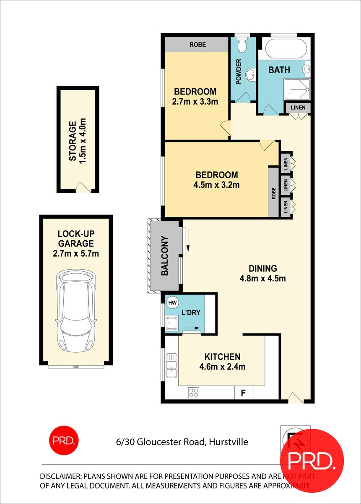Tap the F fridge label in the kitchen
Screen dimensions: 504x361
[x=242, y=394]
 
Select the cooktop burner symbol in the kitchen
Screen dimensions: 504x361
[x=194, y=393]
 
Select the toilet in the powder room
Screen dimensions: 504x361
[x=242, y=46]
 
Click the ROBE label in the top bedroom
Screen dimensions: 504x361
[x=197, y=45]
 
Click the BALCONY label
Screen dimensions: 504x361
[x=165, y=256]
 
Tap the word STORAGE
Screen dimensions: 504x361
[x=73, y=141]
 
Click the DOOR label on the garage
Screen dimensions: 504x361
[x=76, y=367]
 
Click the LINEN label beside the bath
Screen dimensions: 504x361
[x=298, y=108]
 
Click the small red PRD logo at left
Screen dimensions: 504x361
[x=64, y=441]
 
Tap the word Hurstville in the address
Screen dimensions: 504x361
[x=228, y=442]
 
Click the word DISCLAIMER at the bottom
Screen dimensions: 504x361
[x=60, y=477]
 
